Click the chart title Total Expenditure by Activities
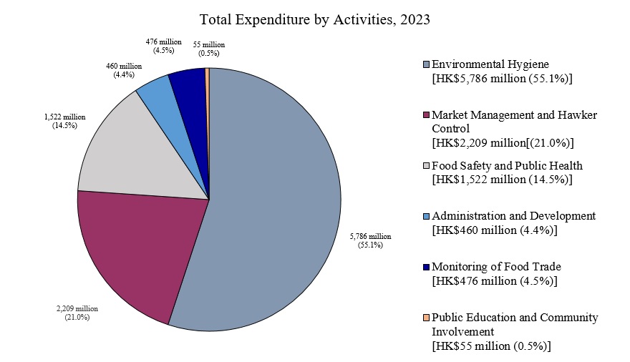coord(314,19)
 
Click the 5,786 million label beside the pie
coord(370,240)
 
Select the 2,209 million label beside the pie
coord(77,313)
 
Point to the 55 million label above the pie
coord(209,49)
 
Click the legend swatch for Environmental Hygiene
coord(427,64)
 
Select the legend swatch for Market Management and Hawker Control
coord(427,114)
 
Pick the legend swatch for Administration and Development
coord(427,216)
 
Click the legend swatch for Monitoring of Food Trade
coord(427,267)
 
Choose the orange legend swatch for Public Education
coord(427,317)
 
